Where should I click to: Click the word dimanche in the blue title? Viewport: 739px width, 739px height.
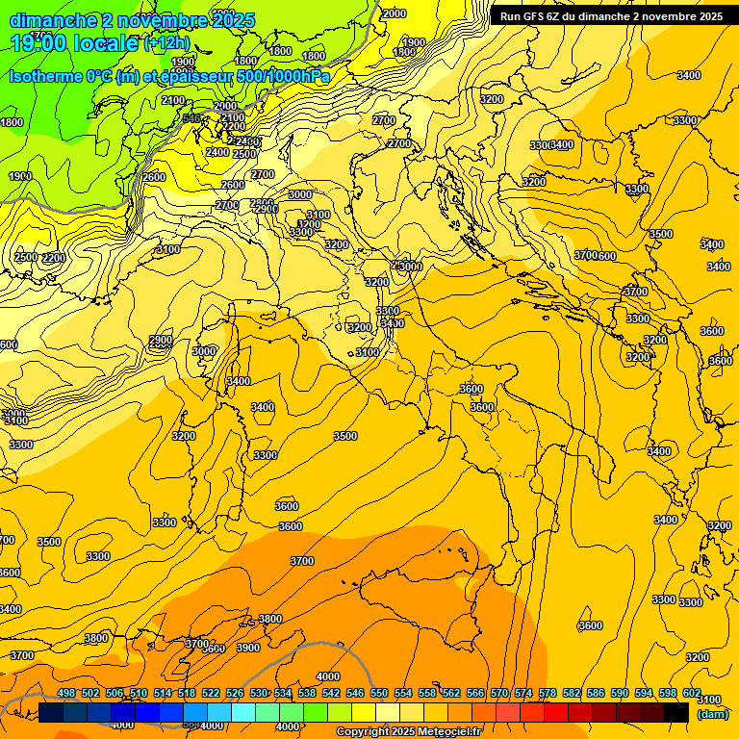tap(54, 19)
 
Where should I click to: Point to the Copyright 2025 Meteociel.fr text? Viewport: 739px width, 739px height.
tap(408, 732)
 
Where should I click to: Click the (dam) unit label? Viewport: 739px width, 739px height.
tap(712, 714)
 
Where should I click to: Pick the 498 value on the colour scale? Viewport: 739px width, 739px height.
tap(66, 693)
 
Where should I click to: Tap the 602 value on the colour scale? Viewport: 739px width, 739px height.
tap(692, 693)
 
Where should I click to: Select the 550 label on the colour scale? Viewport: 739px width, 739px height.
tap(379, 693)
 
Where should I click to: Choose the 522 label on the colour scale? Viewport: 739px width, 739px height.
tap(211, 693)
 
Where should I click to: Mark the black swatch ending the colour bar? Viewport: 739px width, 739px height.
tap(676, 712)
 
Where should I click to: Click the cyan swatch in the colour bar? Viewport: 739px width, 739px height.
tap(243, 712)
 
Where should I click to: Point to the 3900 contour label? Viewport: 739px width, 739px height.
tap(248, 648)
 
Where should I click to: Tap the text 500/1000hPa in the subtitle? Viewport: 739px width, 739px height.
tap(284, 76)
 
